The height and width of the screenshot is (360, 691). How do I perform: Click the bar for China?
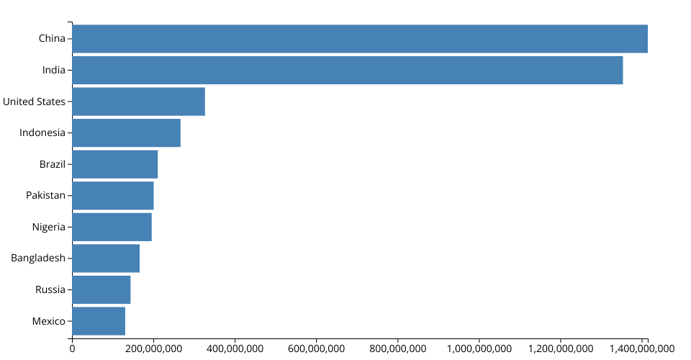point(360,39)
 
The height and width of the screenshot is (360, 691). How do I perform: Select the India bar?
point(347,70)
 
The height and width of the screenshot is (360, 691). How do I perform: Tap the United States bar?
point(138,102)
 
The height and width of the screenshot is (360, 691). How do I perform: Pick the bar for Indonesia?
point(126,132)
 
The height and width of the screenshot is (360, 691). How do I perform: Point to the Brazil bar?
point(114,164)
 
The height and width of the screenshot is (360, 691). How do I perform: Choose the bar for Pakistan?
point(112,195)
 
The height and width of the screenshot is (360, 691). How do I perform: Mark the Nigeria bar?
point(112,227)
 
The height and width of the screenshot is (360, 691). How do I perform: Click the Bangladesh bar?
point(106,258)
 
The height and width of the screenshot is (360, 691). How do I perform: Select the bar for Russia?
point(101,289)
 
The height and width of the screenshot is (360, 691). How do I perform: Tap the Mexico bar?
point(99,321)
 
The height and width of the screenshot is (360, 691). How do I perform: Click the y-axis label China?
point(52,39)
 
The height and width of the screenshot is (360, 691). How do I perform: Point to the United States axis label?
point(34,102)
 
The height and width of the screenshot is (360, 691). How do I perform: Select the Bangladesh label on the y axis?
point(38,258)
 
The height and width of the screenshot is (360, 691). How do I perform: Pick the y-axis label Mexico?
point(49,321)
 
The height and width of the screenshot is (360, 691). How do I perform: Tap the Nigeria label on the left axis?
point(49,227)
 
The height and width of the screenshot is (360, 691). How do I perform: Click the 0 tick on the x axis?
point(72,348)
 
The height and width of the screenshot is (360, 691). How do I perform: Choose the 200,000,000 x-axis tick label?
point(153,348)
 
